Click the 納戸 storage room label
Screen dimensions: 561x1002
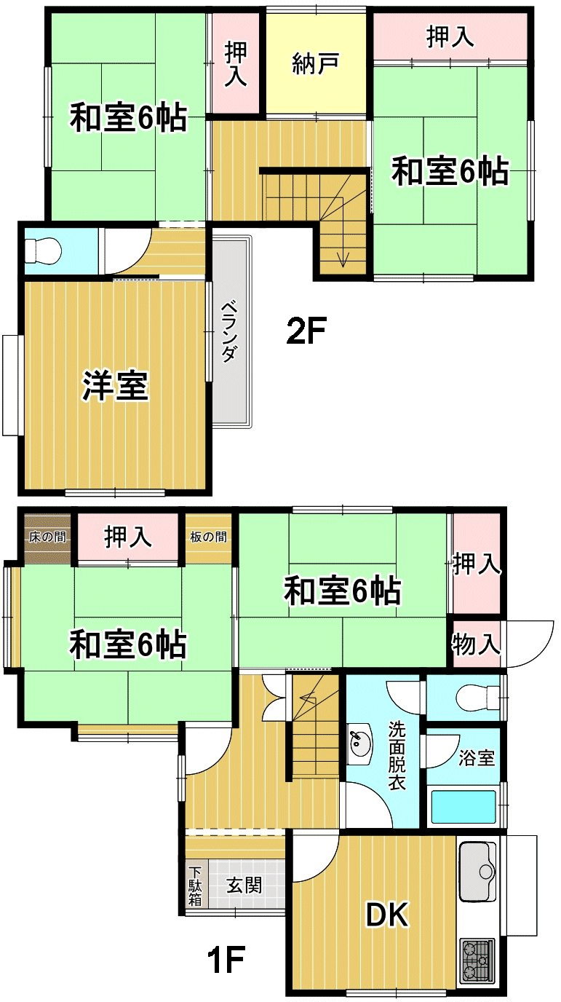tap(316, 63)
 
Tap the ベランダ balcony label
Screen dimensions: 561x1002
tap(230, 332)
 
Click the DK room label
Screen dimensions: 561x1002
tap(387, 915)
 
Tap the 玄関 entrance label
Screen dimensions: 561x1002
tap(244, 885)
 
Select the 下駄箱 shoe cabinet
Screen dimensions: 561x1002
tap(195, 886)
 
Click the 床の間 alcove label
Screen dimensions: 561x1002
tap(48, 537)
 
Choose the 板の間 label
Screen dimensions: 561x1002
tap(208, 537)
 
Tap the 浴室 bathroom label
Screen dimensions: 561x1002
tap(477, 758)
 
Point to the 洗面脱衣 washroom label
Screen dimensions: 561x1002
tap(397, 754)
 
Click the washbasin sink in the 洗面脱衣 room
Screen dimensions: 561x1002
tap(359, 744)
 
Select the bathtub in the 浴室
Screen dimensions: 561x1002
tap(463, 808)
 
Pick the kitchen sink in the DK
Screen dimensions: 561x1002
tap(477, 872)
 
